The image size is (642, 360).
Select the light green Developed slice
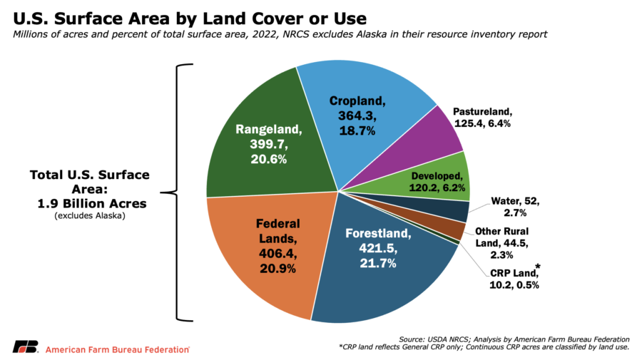coord(434,180)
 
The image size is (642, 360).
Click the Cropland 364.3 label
coord(357,115)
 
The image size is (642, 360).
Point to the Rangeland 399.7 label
coord(269,144)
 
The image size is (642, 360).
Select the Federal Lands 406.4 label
coord(277,246)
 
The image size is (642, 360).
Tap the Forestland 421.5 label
coord(378,248)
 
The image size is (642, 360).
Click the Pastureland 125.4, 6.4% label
coord(482,118)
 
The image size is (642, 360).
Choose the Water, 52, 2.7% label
coord(515,207)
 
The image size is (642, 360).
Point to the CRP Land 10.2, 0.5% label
coord(514,279)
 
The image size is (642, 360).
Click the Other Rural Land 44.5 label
coord(501,243)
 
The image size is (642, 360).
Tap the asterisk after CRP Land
coord(538,267)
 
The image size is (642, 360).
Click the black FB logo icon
coord(26,346)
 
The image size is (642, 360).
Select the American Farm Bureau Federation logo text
coord(118,350)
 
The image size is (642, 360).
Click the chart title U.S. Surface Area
coord(190,19)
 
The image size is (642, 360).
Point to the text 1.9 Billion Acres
coord(92,203)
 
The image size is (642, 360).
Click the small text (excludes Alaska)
coord(90,215)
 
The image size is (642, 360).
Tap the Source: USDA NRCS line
coord(514,339)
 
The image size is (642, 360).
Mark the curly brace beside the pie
coord(176,192)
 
